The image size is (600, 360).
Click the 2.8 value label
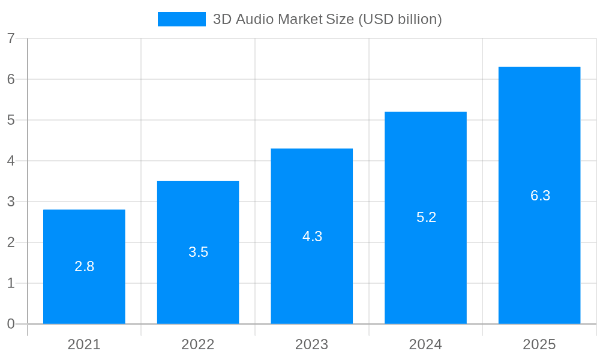tap(84, 266)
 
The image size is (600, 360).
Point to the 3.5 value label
tap(198, 252)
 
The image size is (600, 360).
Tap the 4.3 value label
tap(312, 236)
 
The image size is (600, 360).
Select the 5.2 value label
tap(426, 217)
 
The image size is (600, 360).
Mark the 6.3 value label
tap(540, 196)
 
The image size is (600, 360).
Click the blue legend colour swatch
tap(181, 19)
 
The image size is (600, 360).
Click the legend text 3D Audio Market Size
tap(327, 19)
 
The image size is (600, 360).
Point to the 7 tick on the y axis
tap(11, 38)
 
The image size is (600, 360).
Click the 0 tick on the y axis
tap(11, 324)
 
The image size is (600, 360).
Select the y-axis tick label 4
tap(11, 161)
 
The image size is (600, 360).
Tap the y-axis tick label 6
tap(11, 79)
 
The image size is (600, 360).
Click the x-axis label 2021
tap(84, 344)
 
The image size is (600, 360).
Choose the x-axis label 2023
tap(312, 344)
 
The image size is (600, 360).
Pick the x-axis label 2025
tap(539, 344)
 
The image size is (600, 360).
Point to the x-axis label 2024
tap(425, 344)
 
